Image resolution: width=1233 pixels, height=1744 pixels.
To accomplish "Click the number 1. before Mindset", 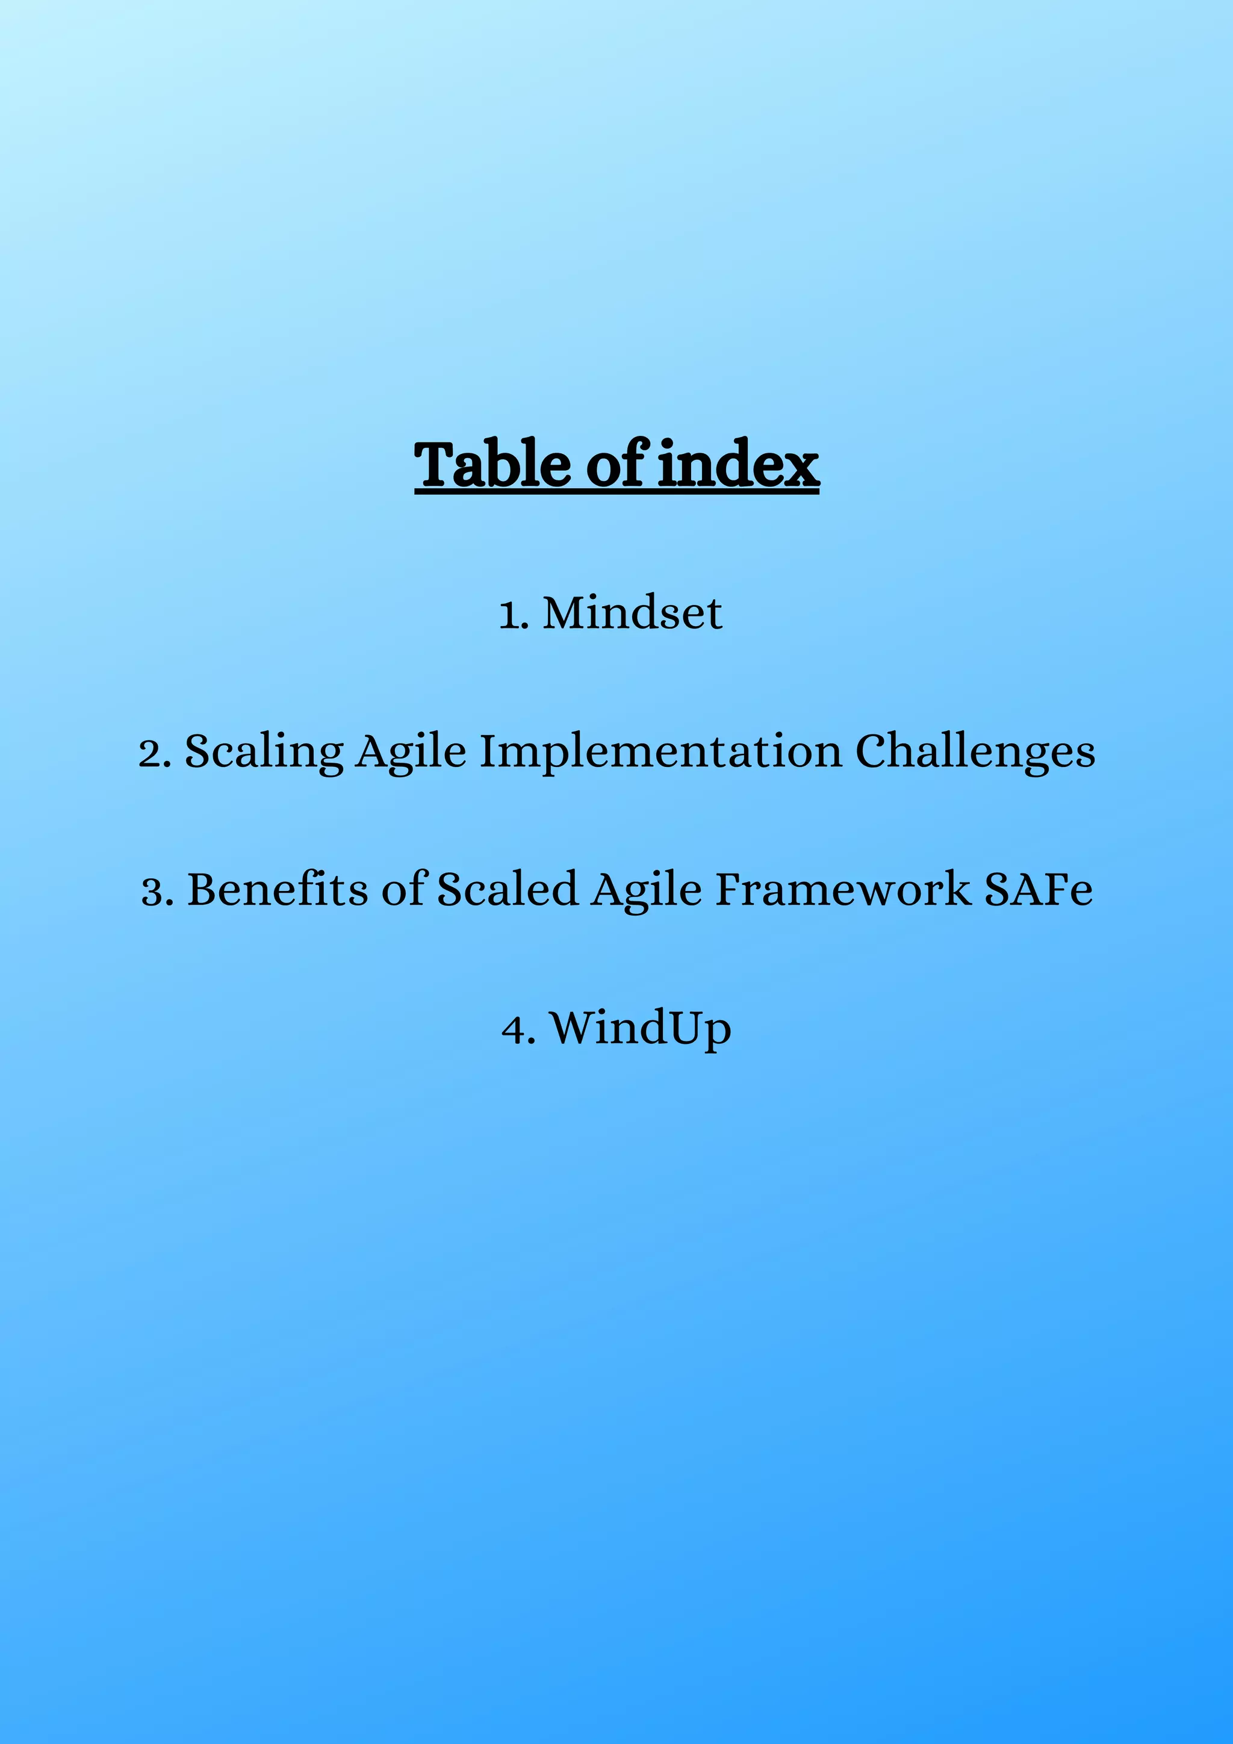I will [514, 615].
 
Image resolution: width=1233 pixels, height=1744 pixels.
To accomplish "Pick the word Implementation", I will [661, 752].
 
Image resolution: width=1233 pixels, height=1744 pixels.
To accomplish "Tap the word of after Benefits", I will [403, 890].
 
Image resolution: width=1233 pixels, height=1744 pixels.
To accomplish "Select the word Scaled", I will [508, 890].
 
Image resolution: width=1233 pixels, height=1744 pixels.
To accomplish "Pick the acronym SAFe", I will [1039, 890].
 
